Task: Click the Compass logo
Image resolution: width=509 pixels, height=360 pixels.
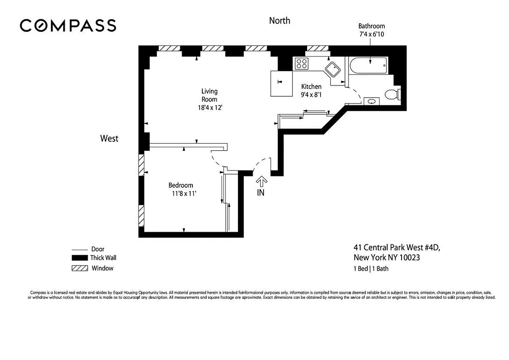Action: [x=68, y=25]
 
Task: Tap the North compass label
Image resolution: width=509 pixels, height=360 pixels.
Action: [x=279, y=21]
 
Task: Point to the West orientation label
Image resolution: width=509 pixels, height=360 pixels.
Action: [x=109, y=139]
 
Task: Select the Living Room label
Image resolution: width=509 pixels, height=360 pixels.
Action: [x=209, y=95]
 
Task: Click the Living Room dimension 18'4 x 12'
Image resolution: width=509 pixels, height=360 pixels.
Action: [x=209, y=108]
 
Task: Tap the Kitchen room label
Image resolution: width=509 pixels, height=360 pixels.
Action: [x=311, y=86]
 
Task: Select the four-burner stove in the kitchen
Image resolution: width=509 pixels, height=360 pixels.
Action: [x=301, y=64]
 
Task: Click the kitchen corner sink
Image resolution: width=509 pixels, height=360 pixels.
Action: [x=333, y=70]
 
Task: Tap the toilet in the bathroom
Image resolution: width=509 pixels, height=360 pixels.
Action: [x=393, y=94]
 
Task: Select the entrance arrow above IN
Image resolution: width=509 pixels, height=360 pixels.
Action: [x=261, y=181]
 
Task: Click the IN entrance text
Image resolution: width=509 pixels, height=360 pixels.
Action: [x=261, y=193]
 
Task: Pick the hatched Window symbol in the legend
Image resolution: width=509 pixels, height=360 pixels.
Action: [x=79, y=269]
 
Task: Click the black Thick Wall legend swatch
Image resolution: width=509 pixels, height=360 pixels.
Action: [x=79, y=258]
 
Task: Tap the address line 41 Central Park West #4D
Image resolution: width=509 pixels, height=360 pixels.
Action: [x=399, y=247]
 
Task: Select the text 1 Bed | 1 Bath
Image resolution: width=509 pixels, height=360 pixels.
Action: [x=371, y=269]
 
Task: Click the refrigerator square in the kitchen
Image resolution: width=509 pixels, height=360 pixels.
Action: [x=281, y=83]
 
